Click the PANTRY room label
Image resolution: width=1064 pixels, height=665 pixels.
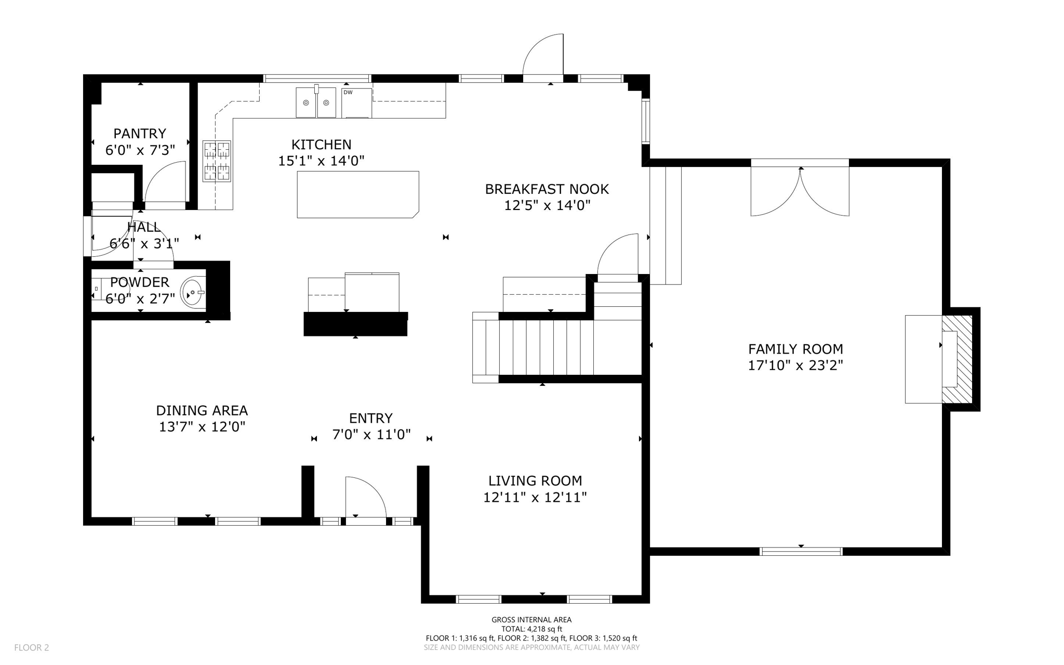140,134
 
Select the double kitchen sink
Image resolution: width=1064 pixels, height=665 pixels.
316,102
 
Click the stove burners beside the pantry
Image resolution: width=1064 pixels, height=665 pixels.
217,161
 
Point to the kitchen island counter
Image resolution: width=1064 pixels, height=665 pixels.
357,194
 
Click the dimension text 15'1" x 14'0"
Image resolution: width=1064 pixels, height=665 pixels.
321,161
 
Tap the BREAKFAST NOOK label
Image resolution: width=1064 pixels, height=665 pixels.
547,189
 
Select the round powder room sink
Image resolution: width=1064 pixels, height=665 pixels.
192,293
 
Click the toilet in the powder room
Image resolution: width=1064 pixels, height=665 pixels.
97,289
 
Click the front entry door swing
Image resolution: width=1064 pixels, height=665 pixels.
366,498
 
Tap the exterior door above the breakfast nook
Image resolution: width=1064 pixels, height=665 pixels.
543,57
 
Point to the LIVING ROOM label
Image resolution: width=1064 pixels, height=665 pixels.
535,481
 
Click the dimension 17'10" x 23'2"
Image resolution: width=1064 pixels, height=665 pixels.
795,366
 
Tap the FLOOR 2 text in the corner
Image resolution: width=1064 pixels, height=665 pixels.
32,647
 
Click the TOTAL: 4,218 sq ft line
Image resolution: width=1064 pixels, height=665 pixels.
531,629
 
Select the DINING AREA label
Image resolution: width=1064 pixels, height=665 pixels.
202,411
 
